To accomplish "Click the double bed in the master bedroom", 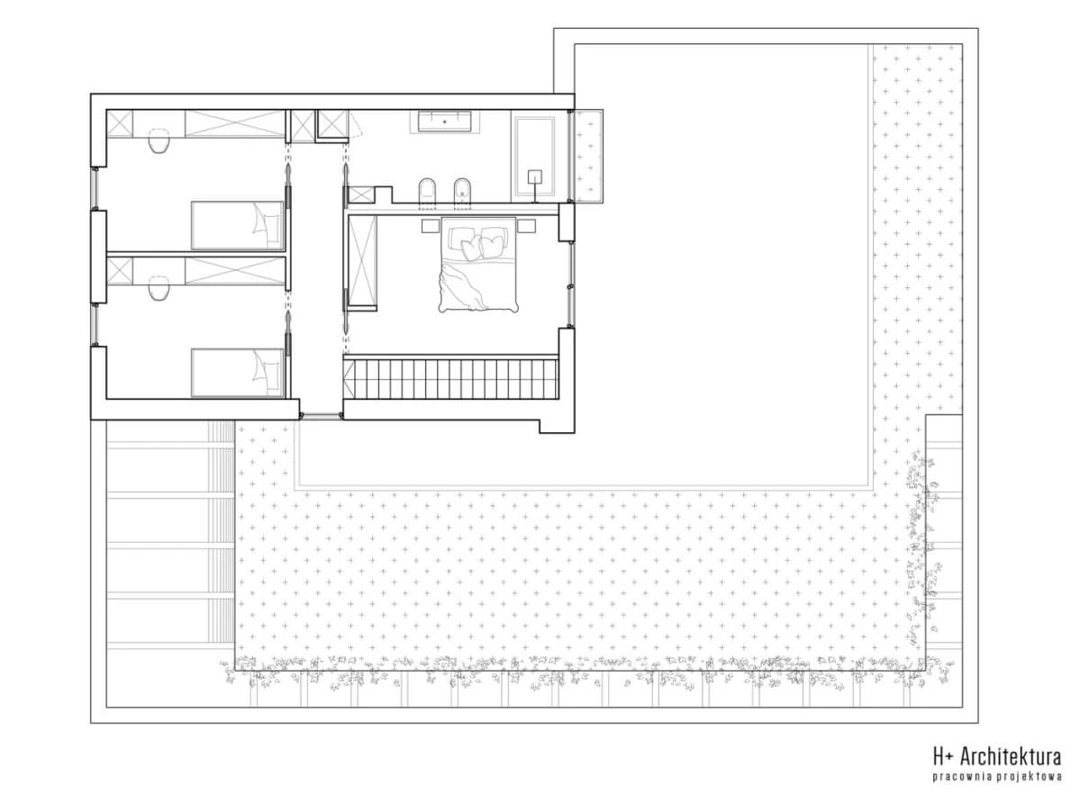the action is (478, 265).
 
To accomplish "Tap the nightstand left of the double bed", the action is (430, 226).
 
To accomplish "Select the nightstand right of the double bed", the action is (526, 226).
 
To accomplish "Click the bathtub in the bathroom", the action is (534, 157).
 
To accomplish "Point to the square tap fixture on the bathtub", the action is (535, 177).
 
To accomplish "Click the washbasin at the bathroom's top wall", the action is (444, 122).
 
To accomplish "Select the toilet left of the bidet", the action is (427, 193).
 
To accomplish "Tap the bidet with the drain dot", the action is (463, 193).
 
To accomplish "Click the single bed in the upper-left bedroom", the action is (238, 226).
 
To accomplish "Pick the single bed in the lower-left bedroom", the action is (238, 374).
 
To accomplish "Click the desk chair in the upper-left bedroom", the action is (159, 141).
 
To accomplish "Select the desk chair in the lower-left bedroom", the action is (159, 288).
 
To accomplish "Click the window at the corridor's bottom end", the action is (321, 414).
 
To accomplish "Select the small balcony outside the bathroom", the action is (587, 157).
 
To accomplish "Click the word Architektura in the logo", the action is (1011, 756).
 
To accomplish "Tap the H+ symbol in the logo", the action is (945, 756).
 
